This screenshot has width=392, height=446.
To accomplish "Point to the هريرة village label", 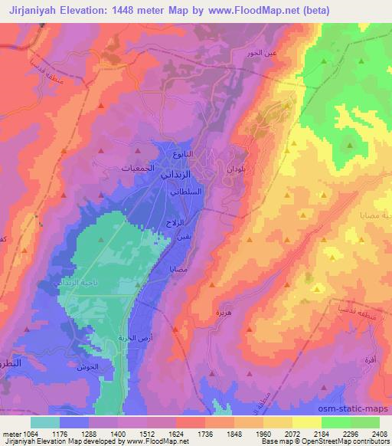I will click(x=224, y=312).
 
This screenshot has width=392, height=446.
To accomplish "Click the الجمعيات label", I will click(x=142, y=167).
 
